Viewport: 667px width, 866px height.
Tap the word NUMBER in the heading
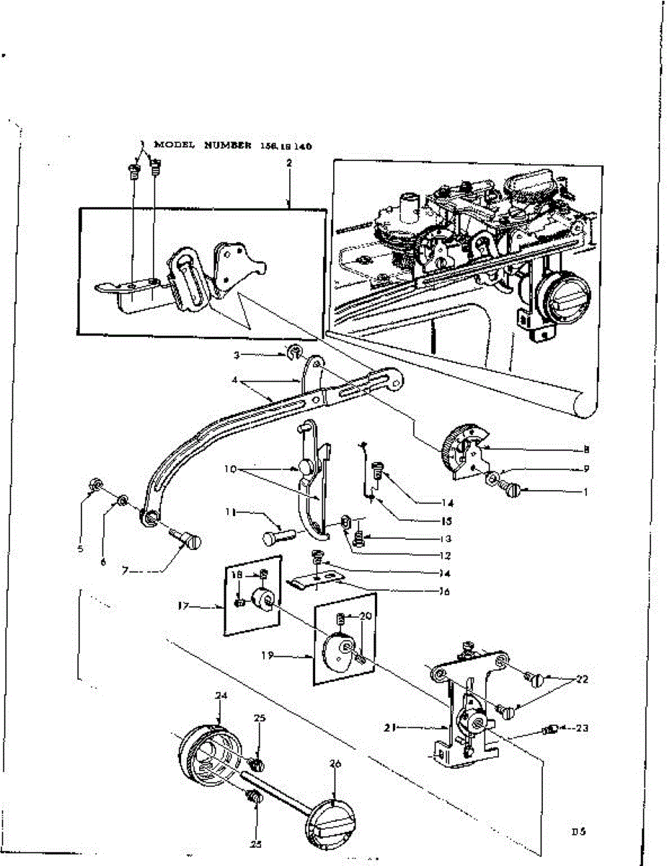coord(229,145)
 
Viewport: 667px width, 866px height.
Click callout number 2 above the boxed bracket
coord(288,163)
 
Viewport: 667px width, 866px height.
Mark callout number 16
coord(444,592)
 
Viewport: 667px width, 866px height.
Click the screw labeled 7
coord(187,538)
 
